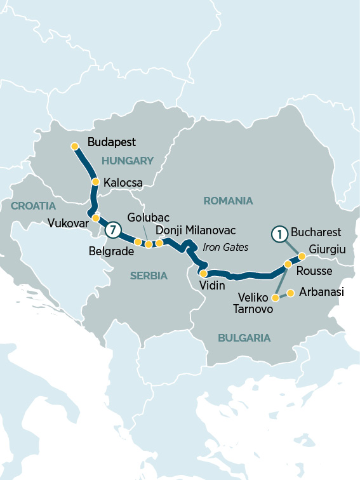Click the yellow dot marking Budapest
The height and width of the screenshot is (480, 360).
pos(75,147)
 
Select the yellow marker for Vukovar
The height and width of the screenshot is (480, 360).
pos(95,218)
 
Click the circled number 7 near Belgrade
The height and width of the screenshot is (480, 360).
pos(112,230)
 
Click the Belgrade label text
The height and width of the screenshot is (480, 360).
pos(111,250)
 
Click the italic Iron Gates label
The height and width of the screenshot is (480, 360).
pos(225,247)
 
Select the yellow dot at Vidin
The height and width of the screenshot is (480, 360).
pos(203,274)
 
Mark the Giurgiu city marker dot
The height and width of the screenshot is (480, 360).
pos(302,257)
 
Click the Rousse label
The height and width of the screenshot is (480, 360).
pos(314,271)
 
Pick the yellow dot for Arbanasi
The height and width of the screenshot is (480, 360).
pos(290,293)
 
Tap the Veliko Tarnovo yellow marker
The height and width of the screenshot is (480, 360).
pos(275,297)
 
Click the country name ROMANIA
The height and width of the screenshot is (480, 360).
pos(228,201)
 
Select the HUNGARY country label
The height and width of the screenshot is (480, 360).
pos(127,161)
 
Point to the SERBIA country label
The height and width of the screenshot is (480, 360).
pos(149,276)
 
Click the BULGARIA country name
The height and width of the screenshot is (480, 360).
pos(244,338)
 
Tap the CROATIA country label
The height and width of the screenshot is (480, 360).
pos(33,206)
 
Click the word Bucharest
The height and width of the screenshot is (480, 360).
pos(316,232)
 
